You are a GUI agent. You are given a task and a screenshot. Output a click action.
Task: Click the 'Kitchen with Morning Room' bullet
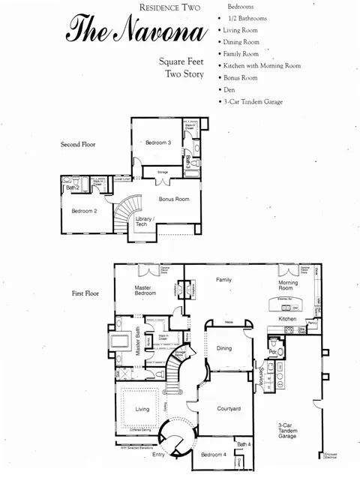(x=262, y=65)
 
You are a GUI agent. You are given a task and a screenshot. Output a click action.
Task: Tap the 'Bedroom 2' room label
(x=85, y=211)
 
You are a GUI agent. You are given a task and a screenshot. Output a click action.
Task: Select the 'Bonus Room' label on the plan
(x=174, y=199)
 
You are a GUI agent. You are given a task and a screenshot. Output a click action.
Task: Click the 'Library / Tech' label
(x=144, y=222)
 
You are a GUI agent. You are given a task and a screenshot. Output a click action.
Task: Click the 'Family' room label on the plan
(x=223, y=279)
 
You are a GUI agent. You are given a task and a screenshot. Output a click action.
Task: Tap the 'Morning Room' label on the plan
(x=288, y=286)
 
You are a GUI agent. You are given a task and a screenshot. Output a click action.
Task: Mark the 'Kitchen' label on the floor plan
(x=288, y=318)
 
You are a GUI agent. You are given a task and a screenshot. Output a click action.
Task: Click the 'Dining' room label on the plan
(x=223, y=348)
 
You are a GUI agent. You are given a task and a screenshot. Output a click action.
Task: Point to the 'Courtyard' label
(x=228, y=408)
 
